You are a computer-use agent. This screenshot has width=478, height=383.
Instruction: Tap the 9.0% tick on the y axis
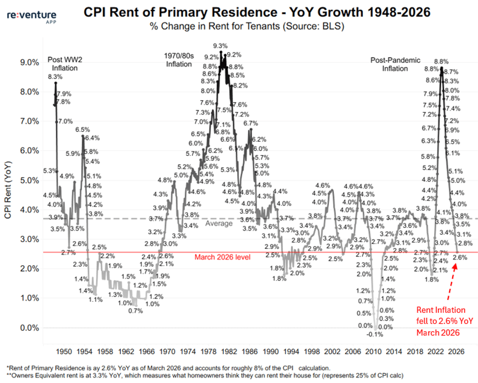(x=29, y=63)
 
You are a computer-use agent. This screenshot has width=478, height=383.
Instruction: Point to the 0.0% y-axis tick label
(x=29, y=328)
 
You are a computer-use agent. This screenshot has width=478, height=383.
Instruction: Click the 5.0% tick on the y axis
(x=29, y=181)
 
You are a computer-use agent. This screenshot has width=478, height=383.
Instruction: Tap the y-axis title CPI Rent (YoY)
(x=8, y=189)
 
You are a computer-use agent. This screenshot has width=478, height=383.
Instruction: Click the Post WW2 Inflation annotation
(x=63, y=64)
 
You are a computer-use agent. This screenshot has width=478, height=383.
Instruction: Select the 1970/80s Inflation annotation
(x=179, y=60)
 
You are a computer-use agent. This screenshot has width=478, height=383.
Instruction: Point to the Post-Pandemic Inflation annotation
(x=395, y=64)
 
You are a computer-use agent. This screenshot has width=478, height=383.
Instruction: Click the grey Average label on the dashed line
(x=219, y=224)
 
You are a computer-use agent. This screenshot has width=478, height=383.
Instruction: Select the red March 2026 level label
(x=222, y=257)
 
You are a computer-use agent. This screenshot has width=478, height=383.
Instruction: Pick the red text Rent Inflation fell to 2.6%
(x=441, y=321)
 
